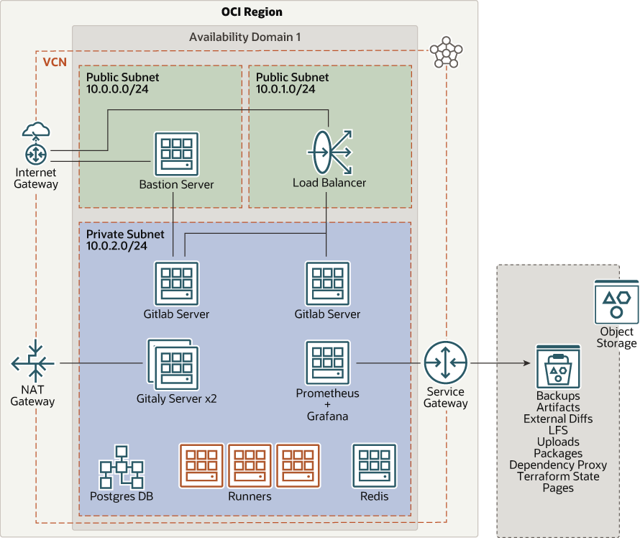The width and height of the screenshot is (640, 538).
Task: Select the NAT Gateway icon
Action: pyautogui.click(x=33, y=363)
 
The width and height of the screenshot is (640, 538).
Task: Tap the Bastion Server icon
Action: pyautogui.click(x=176, y=153)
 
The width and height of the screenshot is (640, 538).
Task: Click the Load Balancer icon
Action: pyautogui.click(x=329, y=152)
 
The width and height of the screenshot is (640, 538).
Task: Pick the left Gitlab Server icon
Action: pyautogui.click(x=176, y=283)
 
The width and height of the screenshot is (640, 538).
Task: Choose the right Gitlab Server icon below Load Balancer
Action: pyautogui.click(x=327, y=283)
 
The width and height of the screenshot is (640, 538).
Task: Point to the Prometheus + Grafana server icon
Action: pyautogui.click(x=327, y=363)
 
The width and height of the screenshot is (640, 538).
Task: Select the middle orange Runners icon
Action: pyautogui.click(x=250, y=465)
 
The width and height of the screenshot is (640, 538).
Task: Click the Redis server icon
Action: pyautogui.click(x=374, y=465)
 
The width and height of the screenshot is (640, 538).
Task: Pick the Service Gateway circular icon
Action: pyautogui.click(x=445, y=363)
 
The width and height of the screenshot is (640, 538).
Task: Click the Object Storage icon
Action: pyautogui.click(x=616, y=302)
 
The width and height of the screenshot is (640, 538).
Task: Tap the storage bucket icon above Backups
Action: pyautogui.click(x=558, y=366)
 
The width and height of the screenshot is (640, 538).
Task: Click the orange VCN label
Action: pyautogui.click(x=55, y=62)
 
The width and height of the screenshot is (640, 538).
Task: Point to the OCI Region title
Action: pyautogui.click(x=241, y=12)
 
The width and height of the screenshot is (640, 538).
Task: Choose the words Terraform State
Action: pyautogui.click(x=558, y=476)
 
